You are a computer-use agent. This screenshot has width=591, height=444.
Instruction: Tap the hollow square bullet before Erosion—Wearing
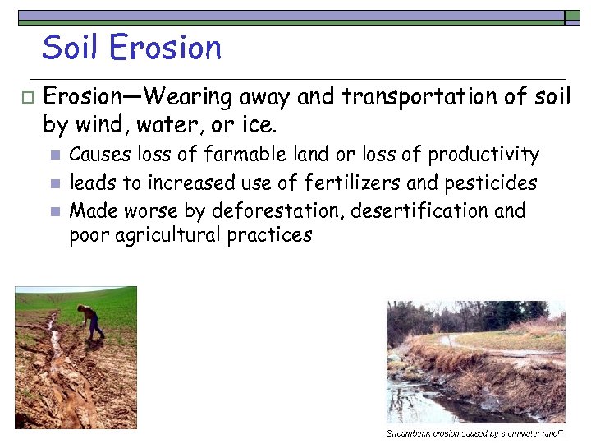pos(26,98)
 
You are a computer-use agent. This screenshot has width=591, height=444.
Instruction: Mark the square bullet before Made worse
pos(54,211)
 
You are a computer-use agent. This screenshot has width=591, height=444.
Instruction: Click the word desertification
pos(419,210)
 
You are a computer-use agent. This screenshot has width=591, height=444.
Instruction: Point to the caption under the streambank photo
pos(474,432)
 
